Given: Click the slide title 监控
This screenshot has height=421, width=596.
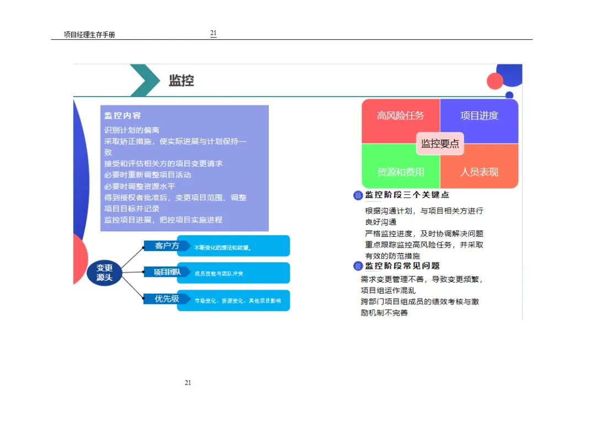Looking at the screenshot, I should coord(181,81).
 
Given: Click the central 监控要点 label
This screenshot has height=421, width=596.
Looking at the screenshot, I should coord(440,143).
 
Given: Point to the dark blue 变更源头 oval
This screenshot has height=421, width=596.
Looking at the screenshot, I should coord(104,273).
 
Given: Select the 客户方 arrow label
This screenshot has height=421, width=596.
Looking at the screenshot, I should coord(167,246).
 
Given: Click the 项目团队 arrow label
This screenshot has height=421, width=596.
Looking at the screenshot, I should coord(167,271).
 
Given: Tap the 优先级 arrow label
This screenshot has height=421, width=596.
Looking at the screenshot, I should coord(167,299).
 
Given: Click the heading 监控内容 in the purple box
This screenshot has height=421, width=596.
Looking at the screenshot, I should coord(123,115).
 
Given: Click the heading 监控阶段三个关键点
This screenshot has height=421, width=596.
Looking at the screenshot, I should coord(407,195).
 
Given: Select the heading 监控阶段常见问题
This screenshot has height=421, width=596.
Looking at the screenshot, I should coord(402,266).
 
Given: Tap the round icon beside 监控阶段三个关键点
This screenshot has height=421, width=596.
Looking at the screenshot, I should coord(358,195).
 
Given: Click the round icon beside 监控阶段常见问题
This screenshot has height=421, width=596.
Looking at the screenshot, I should coord(358,267).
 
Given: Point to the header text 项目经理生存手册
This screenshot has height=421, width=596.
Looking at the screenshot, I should coord(89,35).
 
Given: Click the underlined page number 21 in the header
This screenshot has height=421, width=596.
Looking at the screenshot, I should coord(213,33).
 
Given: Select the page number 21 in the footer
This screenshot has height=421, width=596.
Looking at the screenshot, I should coord(188,383).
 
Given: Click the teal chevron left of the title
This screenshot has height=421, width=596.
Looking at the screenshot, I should coord(145,80).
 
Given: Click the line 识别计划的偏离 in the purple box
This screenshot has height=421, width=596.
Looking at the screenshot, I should coord(132,130).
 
